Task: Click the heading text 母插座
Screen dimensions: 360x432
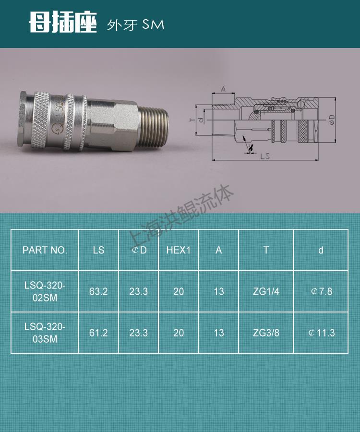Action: [x=63, y=22]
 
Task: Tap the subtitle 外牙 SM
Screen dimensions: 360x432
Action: [x=135, y=25]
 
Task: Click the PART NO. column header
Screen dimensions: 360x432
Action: [x=45, y=250]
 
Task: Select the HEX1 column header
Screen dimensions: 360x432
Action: [x=179, y=250]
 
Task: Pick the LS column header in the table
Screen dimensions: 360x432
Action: [x=98, y=250]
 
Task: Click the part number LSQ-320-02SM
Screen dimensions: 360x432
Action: [x=45, y=291]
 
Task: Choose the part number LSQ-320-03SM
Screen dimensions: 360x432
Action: [x=45, y=333]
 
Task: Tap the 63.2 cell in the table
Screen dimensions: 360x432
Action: [x=98, y=291]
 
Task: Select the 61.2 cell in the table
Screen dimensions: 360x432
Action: [x=98, y=333]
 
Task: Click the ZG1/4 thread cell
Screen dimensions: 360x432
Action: [x=266, y=291]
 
